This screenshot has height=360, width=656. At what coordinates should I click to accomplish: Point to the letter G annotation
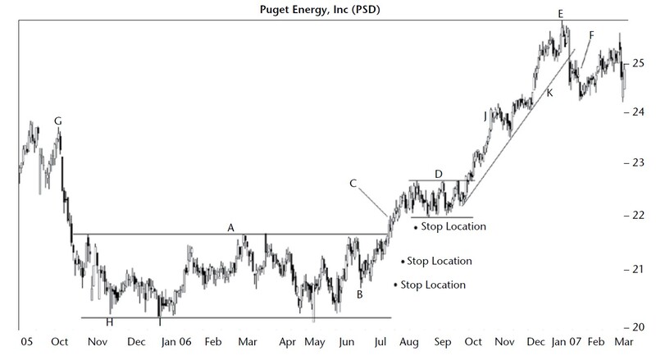(x=57, y=121)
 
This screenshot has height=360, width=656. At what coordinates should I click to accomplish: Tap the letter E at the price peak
(x=560, y=14)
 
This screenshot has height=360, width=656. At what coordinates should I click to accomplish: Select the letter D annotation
(x=438, y=174)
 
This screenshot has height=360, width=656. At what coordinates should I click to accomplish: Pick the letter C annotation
(x=353, y=183)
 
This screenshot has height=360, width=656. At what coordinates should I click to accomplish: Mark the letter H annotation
(x=109, y=322)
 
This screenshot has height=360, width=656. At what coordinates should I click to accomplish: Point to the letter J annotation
(x=485, y=117)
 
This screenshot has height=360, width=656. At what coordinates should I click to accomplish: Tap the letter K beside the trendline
(x=549, y=93)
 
